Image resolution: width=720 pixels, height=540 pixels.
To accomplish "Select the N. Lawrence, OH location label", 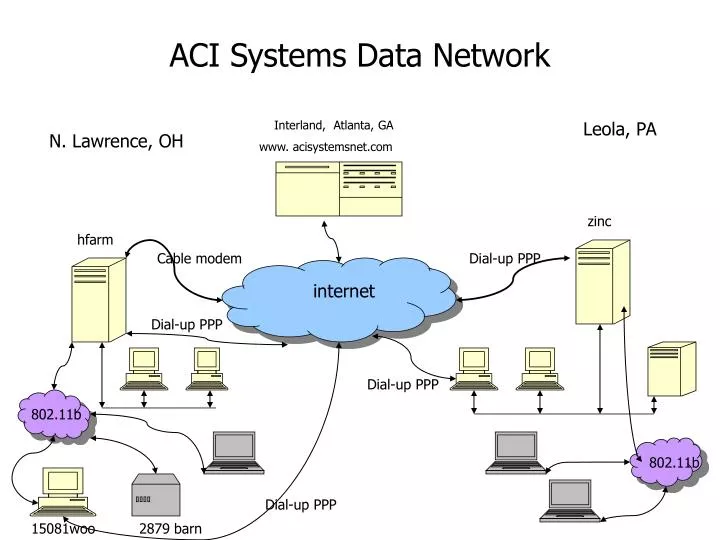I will [116, 141].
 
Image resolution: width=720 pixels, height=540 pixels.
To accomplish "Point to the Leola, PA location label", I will [620, 129].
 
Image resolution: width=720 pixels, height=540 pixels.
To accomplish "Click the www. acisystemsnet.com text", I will [325, 147].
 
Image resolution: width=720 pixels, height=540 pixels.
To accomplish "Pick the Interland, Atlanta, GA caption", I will [333, 125].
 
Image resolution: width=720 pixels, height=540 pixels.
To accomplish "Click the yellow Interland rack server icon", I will [339, 187].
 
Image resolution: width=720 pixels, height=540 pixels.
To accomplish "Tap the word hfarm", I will [95, 239].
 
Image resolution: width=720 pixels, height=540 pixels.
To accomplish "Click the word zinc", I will [599, 221].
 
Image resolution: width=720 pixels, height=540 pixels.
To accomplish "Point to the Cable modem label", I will [199, 259].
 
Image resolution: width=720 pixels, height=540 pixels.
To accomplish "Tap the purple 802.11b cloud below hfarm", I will [54, 415].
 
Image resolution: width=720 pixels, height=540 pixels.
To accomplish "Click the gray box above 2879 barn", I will [154, 495].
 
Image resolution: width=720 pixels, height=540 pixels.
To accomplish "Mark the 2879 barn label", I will [170, 529].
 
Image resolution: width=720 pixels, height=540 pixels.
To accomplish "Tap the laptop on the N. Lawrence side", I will [233, 452].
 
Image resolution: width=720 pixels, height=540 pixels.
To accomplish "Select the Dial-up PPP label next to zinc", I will [505, 259].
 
